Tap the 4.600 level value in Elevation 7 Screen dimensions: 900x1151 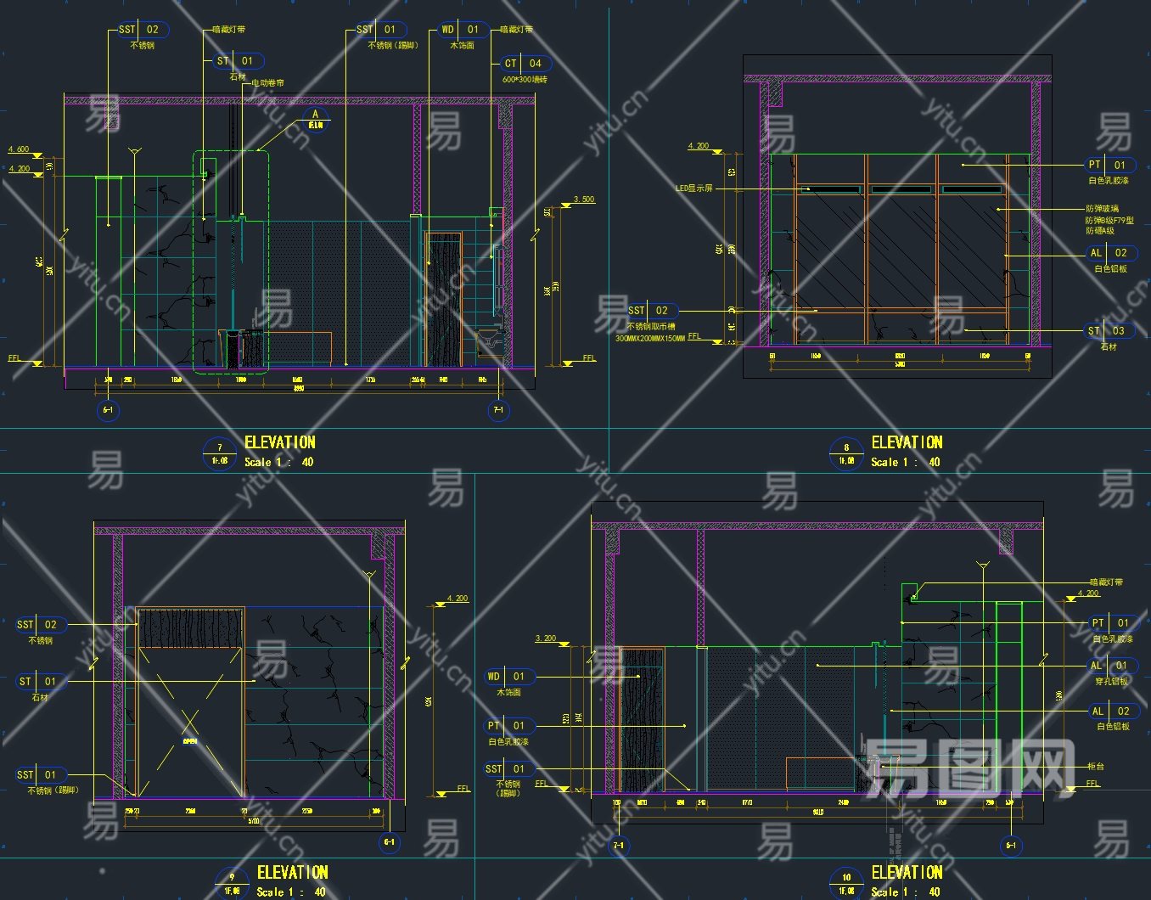click(19, 149)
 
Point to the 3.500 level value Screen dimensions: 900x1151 click(584, 200)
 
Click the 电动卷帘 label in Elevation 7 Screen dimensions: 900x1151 click(267, 83)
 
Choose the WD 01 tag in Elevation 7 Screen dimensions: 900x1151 click(460, 30)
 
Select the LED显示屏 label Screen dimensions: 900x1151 click(693, 188)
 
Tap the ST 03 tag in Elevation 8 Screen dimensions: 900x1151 click(1107, 331)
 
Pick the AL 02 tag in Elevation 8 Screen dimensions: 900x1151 click(1109, 253)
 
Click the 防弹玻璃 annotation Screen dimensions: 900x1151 click(1102, 209)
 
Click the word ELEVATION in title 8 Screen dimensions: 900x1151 click(907, 442)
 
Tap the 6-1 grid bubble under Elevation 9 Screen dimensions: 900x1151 click(389, 843)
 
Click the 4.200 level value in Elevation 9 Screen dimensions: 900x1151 click(458, 599)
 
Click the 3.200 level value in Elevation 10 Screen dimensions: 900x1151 click(546, 638)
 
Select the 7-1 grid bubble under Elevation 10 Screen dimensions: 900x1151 click(618, 846)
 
